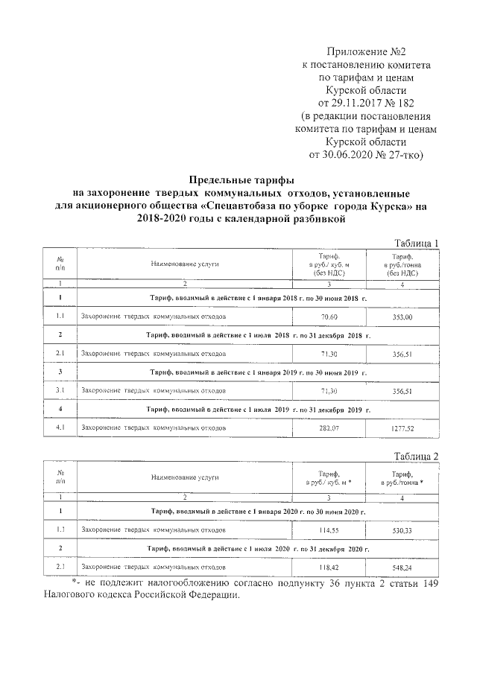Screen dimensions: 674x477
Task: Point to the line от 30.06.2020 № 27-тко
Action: pos(365,155)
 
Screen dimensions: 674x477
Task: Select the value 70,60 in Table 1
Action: pos(329,317)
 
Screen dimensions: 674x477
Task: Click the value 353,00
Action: pos(402,317)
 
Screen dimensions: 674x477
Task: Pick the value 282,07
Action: pos(329,428)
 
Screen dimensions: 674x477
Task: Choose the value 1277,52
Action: pos(402,428)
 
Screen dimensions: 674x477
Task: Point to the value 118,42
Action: pos(329,567)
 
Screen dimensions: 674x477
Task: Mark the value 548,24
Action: pos(402,567)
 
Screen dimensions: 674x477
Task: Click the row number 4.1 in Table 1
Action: pos(60,428)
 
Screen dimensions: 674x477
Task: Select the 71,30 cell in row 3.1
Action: pos(329,390)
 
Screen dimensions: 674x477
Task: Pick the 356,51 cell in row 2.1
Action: pos(402,354)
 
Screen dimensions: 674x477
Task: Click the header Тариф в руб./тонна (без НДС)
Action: pos(402,264)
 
